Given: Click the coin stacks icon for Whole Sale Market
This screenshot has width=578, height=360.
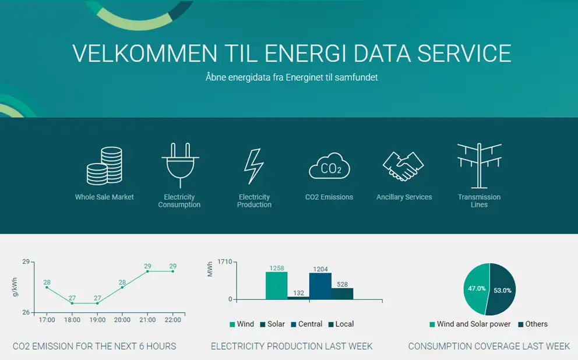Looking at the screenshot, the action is tap(104, 166).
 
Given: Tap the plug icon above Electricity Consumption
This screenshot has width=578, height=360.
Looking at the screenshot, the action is tap(180, 165).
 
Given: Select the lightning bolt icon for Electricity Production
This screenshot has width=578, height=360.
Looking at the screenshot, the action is tap(254, 166).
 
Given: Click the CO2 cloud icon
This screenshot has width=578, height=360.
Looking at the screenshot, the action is tap(329, 166).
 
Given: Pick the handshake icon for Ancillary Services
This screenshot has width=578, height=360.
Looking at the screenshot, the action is tap(403, 166).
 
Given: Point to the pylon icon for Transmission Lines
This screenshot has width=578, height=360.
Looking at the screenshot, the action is tap(479, 166).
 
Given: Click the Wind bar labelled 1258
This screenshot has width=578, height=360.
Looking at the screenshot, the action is tap(276, 285).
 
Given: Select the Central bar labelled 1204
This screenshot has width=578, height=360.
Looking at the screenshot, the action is tap(320, 286).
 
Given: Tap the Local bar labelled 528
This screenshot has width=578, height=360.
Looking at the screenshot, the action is tap(342, 294).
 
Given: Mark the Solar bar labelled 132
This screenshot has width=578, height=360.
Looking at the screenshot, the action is tap(298, 298).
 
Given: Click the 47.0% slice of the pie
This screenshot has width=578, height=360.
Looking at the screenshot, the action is tap(476, 288).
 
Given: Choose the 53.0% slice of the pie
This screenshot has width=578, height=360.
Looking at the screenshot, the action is tap(501, 290).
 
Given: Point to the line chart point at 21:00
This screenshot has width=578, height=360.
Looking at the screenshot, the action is tap(147, 271).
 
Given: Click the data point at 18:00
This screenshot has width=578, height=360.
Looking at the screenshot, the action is tap(72, 303).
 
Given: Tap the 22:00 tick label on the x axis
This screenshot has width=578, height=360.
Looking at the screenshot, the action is tap(172, 320).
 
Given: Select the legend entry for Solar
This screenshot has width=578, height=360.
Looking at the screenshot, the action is tap(273, 324).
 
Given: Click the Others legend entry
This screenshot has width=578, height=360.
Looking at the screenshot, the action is tap(533, 324).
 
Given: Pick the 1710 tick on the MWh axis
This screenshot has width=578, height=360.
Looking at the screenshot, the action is tap(224, 262).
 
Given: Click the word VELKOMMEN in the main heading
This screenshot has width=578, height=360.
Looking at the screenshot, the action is tap(145, 53).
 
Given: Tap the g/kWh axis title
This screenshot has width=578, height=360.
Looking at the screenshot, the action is tap(15, 287).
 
